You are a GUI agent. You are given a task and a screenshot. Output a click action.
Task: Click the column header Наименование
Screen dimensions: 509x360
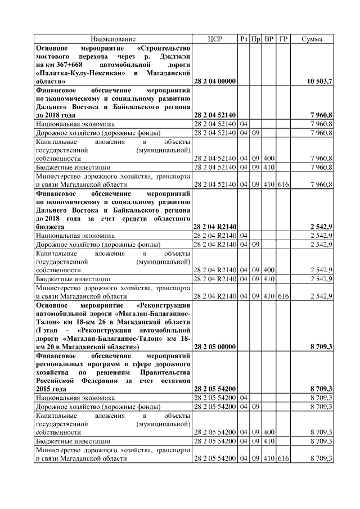point(113,39)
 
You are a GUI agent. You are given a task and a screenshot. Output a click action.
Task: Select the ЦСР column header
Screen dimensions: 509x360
point(215,39)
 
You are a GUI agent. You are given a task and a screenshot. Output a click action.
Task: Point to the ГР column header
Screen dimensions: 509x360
point(283,39)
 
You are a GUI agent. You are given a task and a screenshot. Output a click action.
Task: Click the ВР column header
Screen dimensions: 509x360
point(269,39)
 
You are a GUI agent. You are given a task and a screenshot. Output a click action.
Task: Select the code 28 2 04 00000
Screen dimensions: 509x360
point(214,82)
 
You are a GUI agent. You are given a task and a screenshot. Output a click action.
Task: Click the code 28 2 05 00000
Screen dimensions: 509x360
point(214,347)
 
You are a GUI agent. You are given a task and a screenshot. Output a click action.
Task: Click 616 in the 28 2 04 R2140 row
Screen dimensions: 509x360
point(283,295)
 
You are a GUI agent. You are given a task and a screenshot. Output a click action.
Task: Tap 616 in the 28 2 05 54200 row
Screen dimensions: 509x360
point(283,459)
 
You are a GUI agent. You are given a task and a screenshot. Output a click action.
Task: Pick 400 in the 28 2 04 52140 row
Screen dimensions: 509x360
point(269,159)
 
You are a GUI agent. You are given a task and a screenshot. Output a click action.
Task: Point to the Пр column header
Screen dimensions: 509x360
point(256,39)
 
